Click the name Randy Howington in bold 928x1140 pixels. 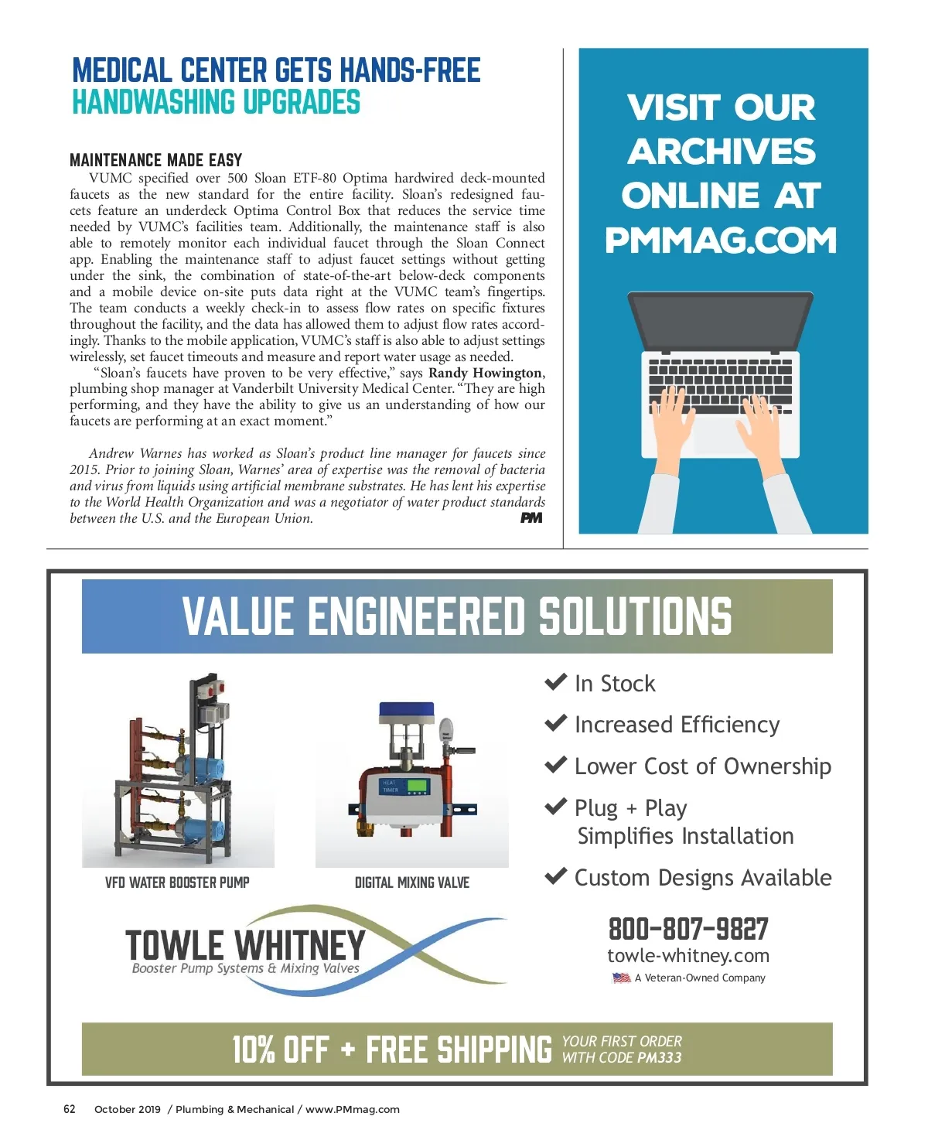[486, 373]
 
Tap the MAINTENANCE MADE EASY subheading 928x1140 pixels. [155, 160]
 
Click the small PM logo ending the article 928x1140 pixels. [531, 518]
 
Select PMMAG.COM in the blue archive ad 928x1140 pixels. [721, 241]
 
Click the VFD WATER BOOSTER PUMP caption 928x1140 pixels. [177, 882]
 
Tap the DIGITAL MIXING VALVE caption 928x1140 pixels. [411, 882]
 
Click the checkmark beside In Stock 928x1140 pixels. [556, 682]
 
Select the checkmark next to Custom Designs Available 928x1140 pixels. [556, 876]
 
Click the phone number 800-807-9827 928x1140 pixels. [688, 928]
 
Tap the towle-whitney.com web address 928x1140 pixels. [688, 956]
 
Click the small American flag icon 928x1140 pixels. [622, 978]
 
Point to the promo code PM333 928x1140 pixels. [660, 1057]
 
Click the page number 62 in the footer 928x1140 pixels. [70, 1108]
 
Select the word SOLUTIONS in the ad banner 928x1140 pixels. [634, 616]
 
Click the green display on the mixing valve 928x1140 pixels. [418, 786]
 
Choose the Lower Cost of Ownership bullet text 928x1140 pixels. [702, 766]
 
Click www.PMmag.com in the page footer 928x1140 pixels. [353, 1109]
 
